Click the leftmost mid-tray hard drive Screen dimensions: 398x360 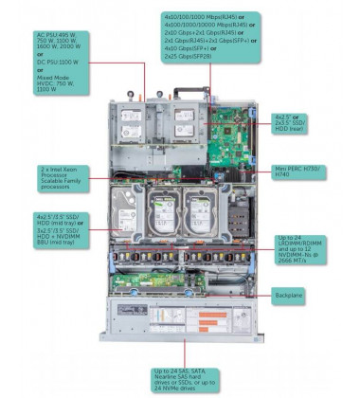(120, 216)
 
